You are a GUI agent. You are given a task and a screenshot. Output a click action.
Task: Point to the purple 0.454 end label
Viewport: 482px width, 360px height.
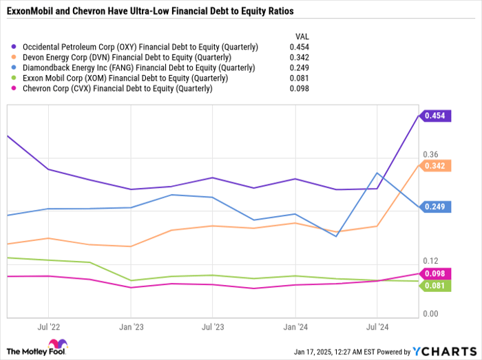[x=437, y=116]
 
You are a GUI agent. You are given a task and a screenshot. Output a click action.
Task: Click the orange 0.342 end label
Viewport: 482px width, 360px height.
[x=437, y=166]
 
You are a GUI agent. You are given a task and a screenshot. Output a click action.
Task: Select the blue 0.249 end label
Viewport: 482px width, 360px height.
[x=437, y=207]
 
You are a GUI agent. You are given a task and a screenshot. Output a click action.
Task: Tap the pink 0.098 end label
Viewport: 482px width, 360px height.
[x=437, y=273]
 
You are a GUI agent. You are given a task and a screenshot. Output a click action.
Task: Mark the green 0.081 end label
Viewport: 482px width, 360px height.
[x=437, y=285]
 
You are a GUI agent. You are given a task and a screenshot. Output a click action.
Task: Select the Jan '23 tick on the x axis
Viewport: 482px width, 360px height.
[x=131, y=327]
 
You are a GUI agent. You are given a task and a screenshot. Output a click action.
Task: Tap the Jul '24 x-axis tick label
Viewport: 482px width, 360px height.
[x=377, y=327]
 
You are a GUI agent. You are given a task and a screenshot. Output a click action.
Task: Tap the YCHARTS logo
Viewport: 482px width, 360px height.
[x=442, y=351]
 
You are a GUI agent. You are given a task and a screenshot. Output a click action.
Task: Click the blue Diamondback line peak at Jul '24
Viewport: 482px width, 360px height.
[x=377, y=173]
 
